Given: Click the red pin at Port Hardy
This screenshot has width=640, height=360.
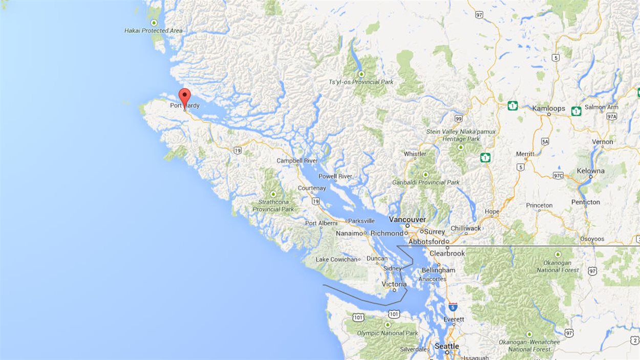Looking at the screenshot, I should click(x=184, y=97).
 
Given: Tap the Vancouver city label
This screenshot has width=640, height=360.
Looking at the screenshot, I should click(x=407, y=220).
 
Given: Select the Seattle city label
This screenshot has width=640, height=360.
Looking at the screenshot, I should click(x=446, y=346).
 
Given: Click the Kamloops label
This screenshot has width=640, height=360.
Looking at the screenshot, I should click(x=548, y=109).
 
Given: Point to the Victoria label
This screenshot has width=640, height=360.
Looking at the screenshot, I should click(x=394, y=284).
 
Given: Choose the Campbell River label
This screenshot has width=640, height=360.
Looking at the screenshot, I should click(x=297, y=161).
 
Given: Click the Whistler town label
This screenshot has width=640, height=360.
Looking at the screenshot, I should click(x=415, y=154).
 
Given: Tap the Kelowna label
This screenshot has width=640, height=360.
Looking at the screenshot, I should click(x=590, y=171).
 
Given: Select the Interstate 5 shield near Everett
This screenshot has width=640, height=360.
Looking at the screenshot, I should click(x=453, y=307).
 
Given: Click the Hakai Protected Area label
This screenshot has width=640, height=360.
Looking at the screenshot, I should click(x=153, y=31).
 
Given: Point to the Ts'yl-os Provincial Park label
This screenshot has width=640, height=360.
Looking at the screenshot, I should click(x=361, y=82).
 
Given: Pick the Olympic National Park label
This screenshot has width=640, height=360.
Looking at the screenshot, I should click(x=387, y=333).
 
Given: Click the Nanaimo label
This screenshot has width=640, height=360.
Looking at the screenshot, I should click(x=349, y=234).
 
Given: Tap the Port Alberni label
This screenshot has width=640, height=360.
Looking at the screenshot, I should click(x=321, y=223).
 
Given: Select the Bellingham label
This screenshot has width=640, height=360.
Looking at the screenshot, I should click(x=439, y=270).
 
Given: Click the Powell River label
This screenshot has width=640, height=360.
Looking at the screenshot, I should click(x=335, y=177).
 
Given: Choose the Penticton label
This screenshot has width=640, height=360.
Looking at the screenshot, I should click(x=585, y=202).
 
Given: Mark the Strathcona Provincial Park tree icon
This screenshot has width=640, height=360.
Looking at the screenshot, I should click(x=273, y=194).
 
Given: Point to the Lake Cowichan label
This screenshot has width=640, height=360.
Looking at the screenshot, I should click(x=336, y=260).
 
